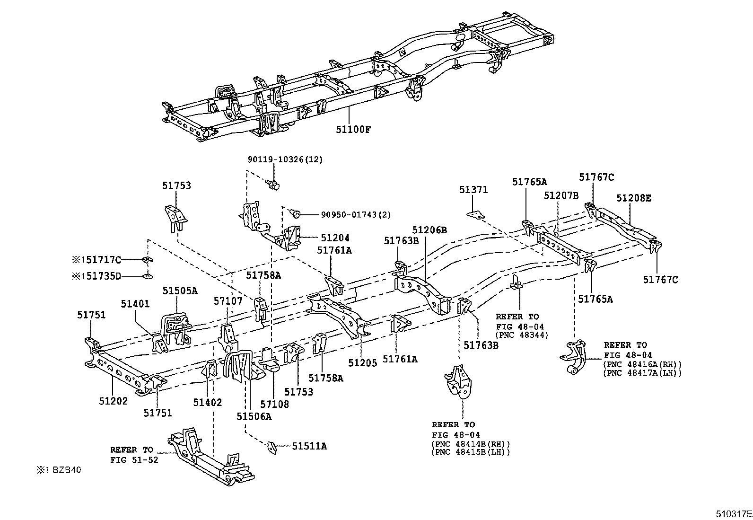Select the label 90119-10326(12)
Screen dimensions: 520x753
[285, 159]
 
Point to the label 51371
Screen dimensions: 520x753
[473, 190]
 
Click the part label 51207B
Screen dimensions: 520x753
[561, 195]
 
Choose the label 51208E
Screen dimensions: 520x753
[633, 198]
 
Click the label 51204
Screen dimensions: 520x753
[335, 238]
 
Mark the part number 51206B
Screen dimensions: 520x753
[429, 230]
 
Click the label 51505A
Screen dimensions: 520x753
[180, 291]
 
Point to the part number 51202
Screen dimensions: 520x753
[113, 401]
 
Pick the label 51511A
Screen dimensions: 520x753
[309, 446]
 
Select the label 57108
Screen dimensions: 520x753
[274, 404]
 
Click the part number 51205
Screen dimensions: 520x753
[363, 363]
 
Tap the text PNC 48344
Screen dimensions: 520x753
[522, 335]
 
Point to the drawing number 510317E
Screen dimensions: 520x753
[733, 513]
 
